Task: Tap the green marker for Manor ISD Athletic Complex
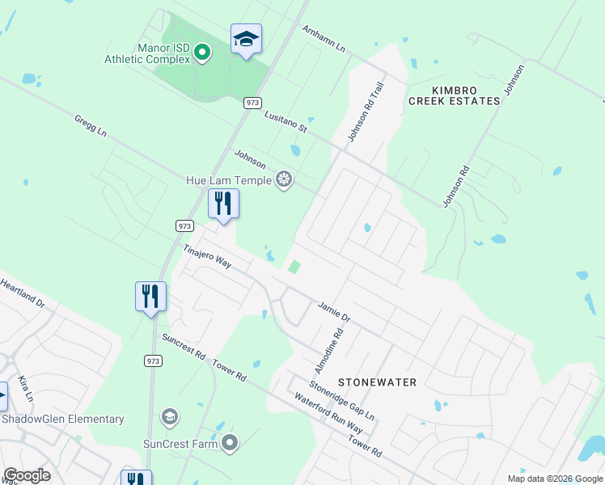click(202, 54)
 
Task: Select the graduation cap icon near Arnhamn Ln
click(246, 39)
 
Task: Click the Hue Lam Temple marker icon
click(284, 179)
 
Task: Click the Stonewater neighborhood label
click(377, 382)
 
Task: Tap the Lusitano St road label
click(286, 122)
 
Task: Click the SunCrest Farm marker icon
click(231, 442)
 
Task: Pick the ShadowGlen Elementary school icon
click(170, 417)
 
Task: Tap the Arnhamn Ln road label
click(324, 39)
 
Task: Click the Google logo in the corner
click(27, 475)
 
